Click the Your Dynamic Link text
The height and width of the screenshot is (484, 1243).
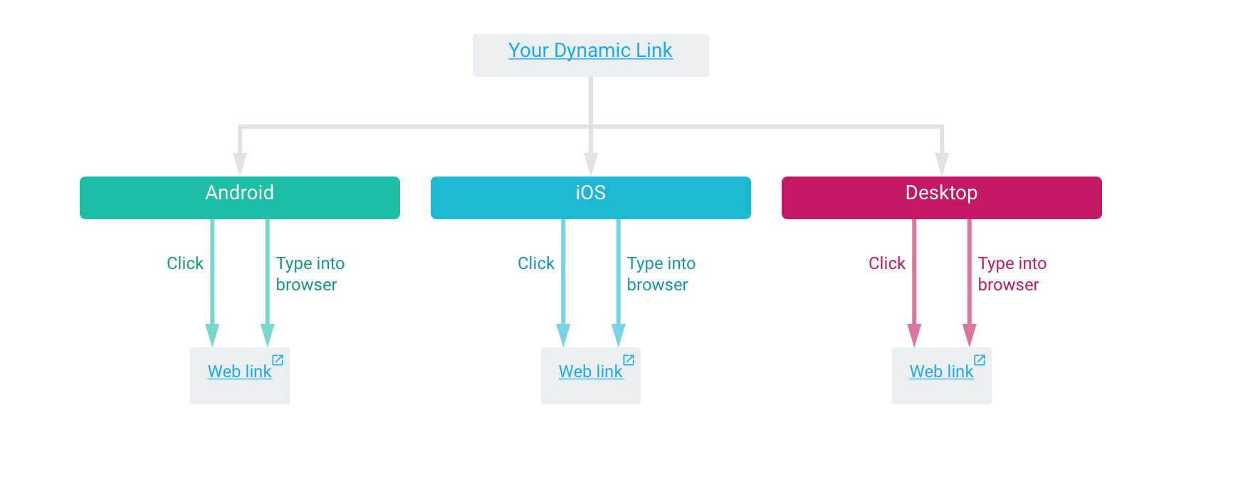590,51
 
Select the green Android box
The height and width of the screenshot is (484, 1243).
240,198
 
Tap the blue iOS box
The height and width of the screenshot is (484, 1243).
590,198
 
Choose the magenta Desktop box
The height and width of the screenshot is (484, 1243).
941,198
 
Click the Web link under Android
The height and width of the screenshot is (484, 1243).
239,372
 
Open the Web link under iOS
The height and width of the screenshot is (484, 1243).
590,372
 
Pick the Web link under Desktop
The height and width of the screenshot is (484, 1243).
941,372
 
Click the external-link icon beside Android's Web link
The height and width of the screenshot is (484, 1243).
278,360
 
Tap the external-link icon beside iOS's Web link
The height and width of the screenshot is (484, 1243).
629,360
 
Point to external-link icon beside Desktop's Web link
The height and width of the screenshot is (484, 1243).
980,360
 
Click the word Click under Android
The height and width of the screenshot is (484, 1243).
185,263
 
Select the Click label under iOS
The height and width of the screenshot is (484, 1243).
536,263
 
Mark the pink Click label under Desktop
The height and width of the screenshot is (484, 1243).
887,263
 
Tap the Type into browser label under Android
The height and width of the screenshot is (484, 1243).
310,274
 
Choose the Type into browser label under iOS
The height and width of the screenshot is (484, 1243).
661,274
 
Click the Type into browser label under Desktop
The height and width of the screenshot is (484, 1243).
1012,274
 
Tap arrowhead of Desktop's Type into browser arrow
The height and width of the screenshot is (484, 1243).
969,334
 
